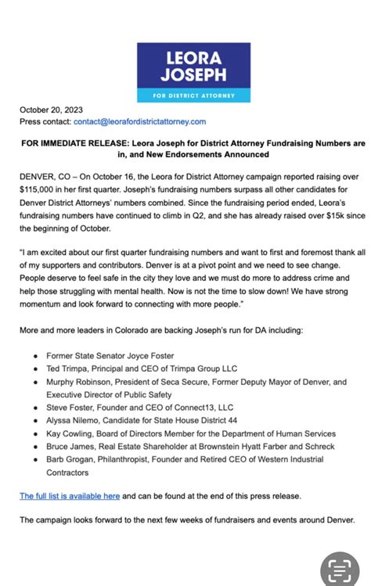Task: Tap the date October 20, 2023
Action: click(52, 110)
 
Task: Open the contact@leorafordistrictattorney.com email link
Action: click(139, 121)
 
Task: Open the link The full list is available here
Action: click(70, 496)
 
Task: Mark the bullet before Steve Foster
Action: click(35, 408)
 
